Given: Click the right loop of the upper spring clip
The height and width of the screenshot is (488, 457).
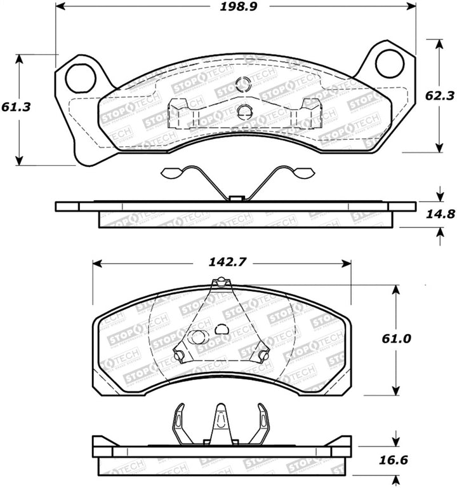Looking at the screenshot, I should [301, 172].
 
